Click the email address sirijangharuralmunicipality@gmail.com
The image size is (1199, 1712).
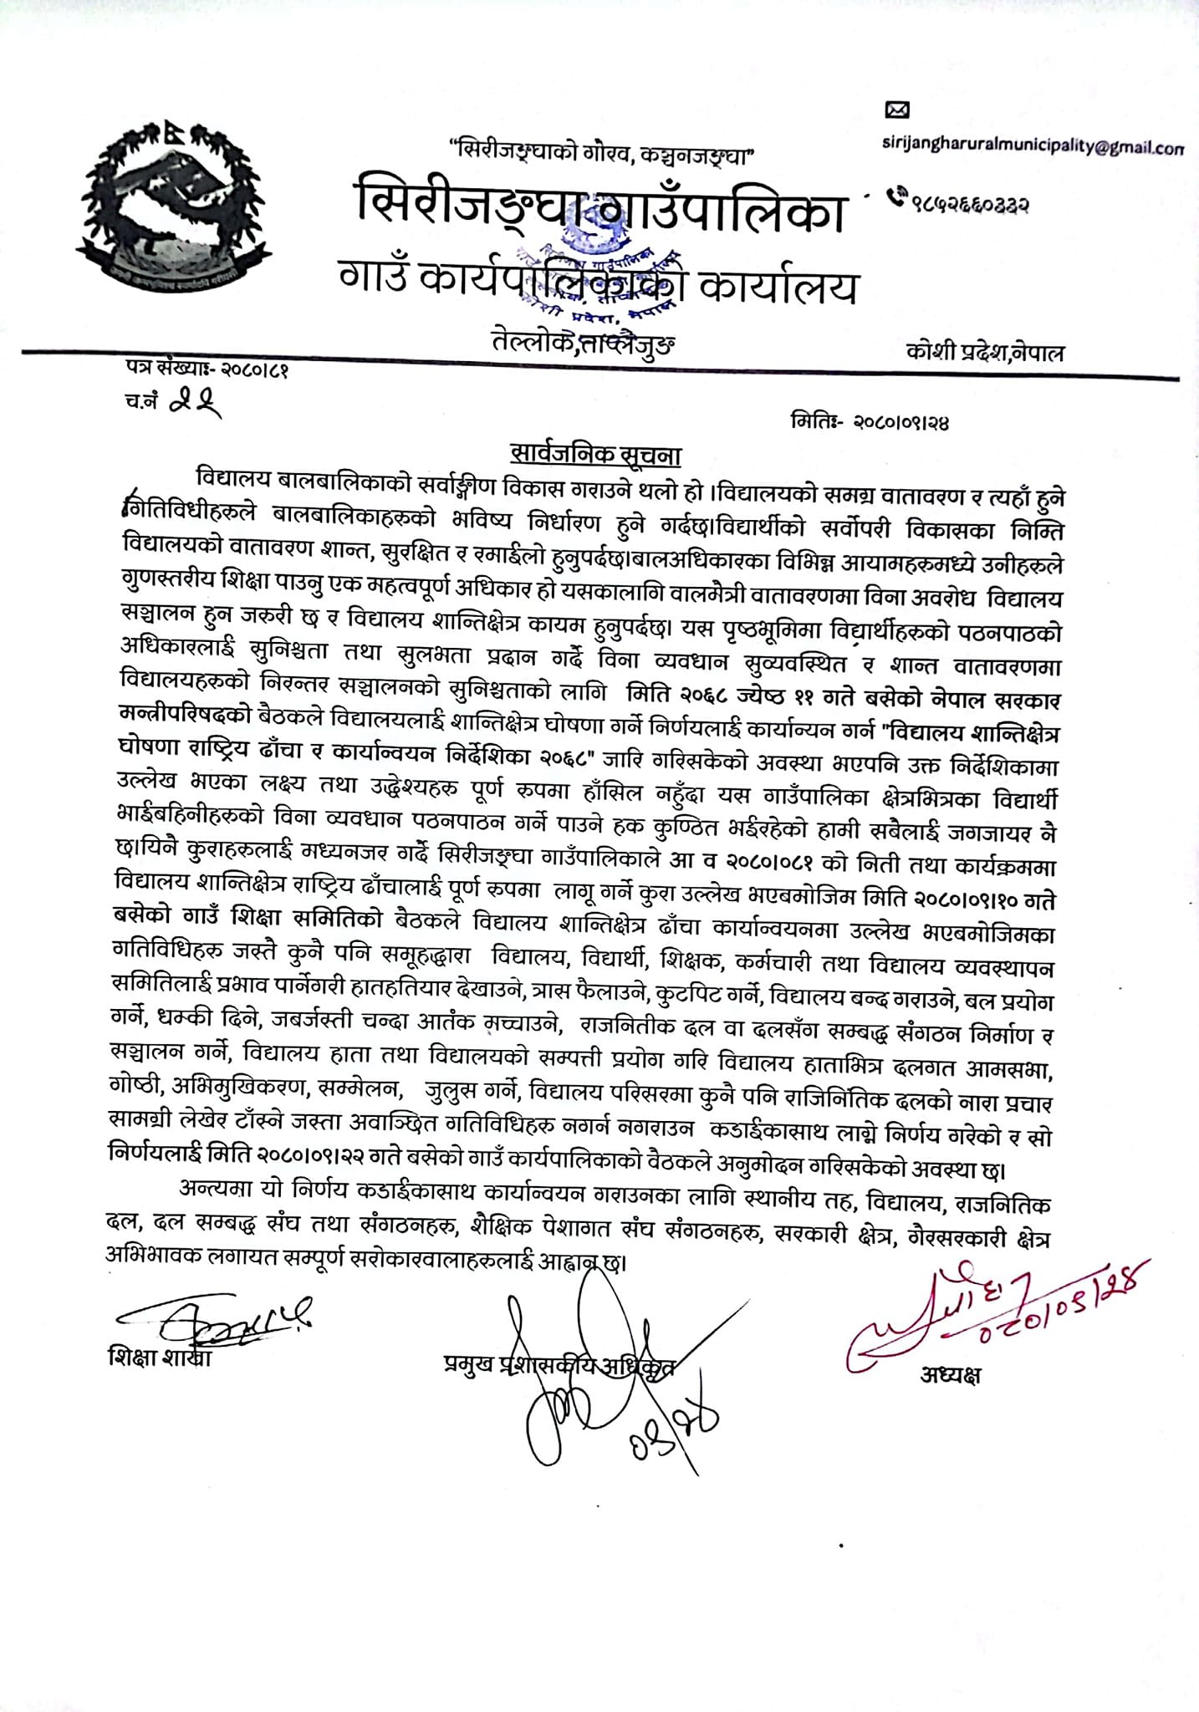pyautogui.click(x=1033, y=146)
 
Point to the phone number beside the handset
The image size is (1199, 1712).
pyautogui.click(x=970, y=201)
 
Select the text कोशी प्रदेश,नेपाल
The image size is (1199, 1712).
pyautogui.click(x=985, y=351)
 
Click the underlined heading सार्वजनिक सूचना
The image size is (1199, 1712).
pyautogui.click(x=597, y=456)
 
